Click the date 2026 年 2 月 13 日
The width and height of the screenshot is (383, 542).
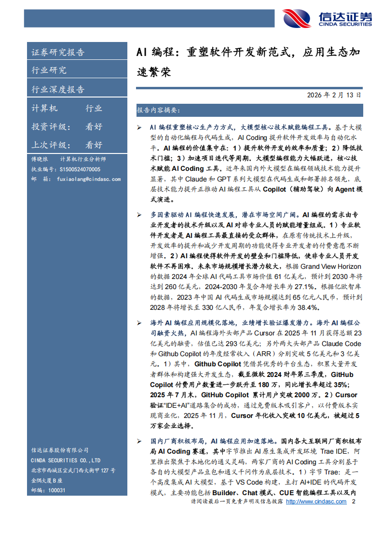coord(334,96)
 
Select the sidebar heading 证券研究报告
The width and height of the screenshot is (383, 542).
coord(58,53)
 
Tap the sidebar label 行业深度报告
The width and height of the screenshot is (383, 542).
coord(58,89)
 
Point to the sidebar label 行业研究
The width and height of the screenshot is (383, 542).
coord(49,70)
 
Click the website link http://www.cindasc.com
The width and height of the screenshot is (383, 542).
coord(316,502)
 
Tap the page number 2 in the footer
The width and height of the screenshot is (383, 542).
coord(354,502)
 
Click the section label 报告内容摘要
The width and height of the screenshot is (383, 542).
coord(158,111)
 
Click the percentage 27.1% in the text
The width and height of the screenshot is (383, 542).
coord(313,287)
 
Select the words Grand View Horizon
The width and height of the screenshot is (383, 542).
coord(331,266)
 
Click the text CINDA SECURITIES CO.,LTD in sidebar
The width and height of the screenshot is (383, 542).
coord(66,460)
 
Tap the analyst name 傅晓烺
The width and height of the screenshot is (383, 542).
coord(40,160)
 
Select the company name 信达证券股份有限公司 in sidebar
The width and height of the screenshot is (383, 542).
coord(60,451)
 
